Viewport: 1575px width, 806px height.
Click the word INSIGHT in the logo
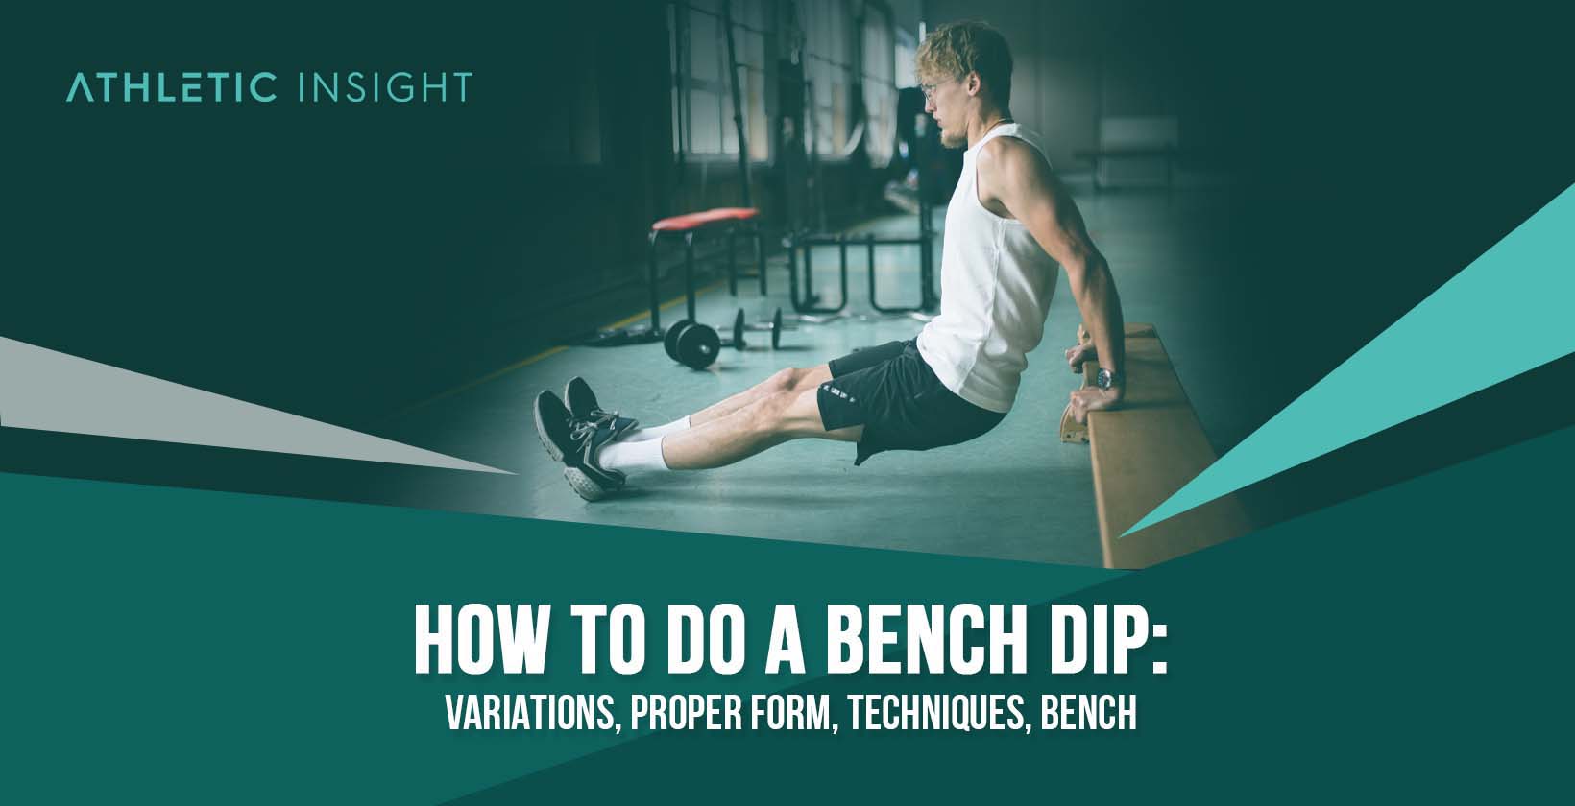click(x=386, y=86)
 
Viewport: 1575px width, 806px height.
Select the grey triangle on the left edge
click(x=192, y=403)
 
